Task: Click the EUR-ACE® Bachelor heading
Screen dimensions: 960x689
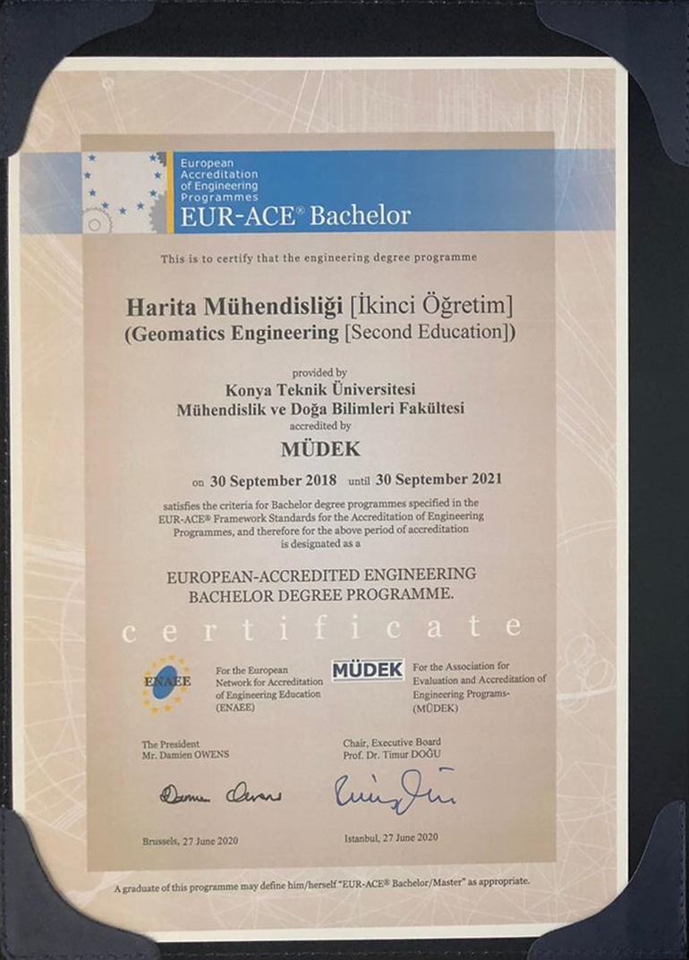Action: (x=295, y=216)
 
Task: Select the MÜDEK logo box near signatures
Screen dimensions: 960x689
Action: (x=368, y=669)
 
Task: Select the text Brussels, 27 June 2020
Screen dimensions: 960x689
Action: (x=190, y=841)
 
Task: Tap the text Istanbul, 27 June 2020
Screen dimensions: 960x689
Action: (x=390, y=837)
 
